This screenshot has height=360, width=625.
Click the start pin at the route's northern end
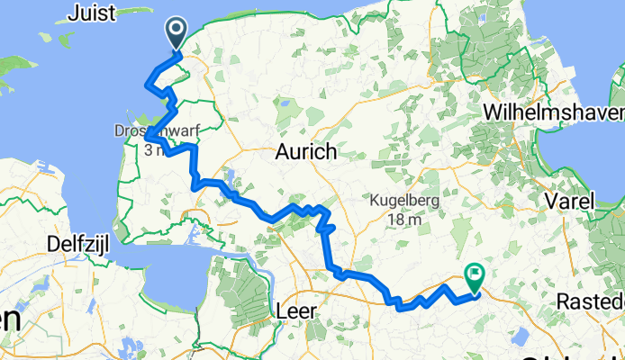(x=175, y=34)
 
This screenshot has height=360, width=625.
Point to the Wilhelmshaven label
(x=553, y=112)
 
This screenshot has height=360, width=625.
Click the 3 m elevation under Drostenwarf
(x=149, y=149)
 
